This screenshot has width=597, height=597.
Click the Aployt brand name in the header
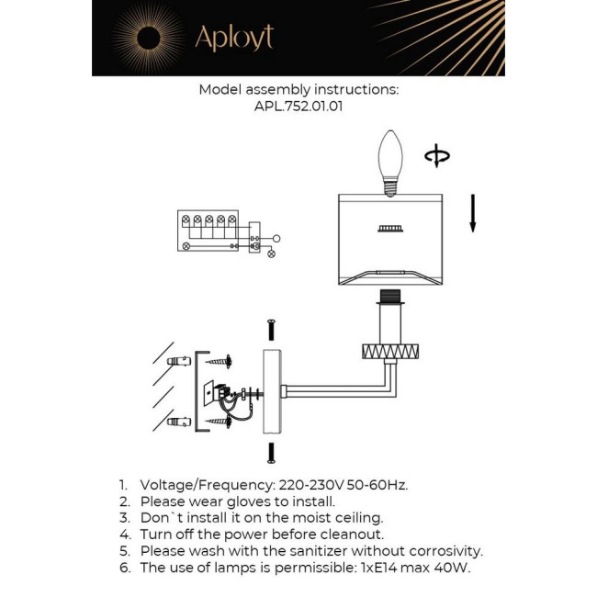point(233,39)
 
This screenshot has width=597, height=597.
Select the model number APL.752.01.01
point(298,107)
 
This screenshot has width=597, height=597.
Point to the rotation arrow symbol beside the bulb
point(436,157)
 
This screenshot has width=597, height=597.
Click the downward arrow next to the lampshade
point(472,213)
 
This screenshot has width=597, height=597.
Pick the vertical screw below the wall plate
point(271,451)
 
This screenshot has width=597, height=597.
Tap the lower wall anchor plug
point(177,423)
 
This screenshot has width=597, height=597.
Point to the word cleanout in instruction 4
point(349,535)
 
